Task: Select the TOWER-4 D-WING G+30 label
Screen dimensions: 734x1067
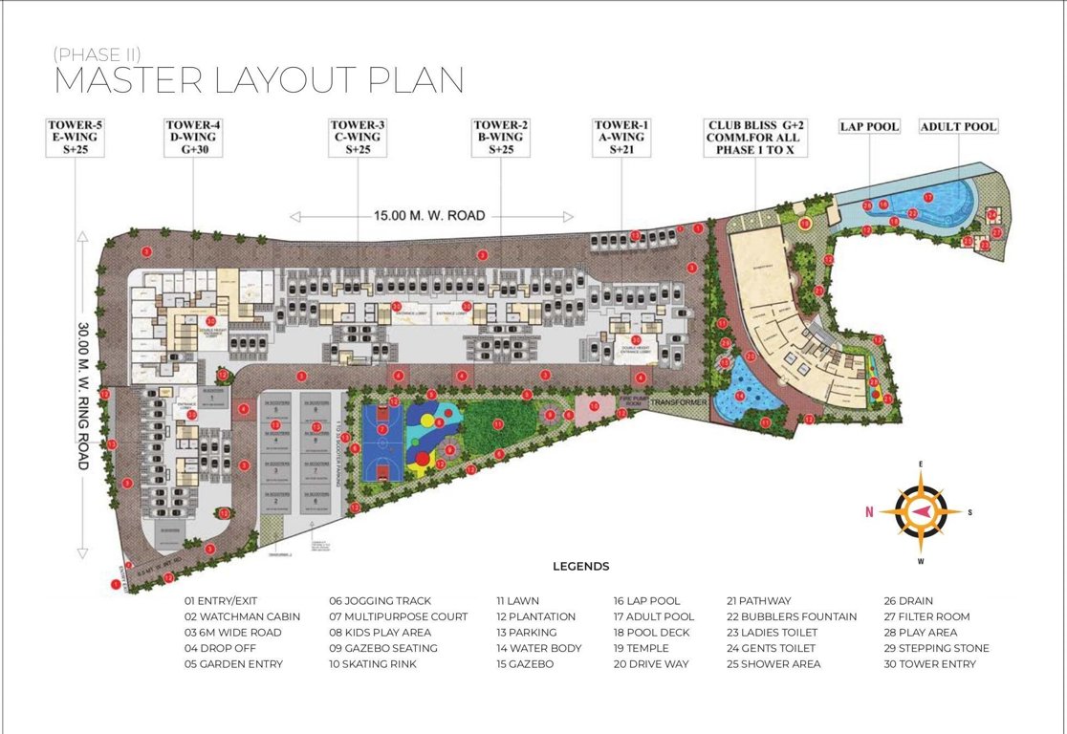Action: [x=193, y=138]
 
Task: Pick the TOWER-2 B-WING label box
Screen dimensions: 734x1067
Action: [x=500, y=138]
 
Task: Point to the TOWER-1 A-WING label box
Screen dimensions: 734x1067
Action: [x=621, y=138]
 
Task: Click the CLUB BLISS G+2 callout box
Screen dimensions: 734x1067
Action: [x=755, y=138]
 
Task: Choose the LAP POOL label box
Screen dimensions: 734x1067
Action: [x=869, y=126]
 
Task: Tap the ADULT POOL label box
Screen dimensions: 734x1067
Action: [x=958, y=126]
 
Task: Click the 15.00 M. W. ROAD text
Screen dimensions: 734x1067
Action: [x=431, y=217]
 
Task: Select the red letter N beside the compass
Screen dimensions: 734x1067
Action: [x=869, y=512]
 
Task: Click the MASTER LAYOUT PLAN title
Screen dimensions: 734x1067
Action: [x=258, y=80]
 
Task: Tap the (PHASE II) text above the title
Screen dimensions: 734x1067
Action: [x=98, y=54]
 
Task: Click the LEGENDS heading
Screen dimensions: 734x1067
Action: [x=580, y=566]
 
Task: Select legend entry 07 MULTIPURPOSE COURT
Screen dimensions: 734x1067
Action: [x=399, y=616]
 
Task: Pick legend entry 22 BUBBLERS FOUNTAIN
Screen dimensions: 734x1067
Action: [x=792, y=616]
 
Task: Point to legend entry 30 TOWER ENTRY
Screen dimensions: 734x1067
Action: [x=930, y=663]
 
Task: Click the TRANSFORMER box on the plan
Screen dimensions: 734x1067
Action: [x=680, y=403]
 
